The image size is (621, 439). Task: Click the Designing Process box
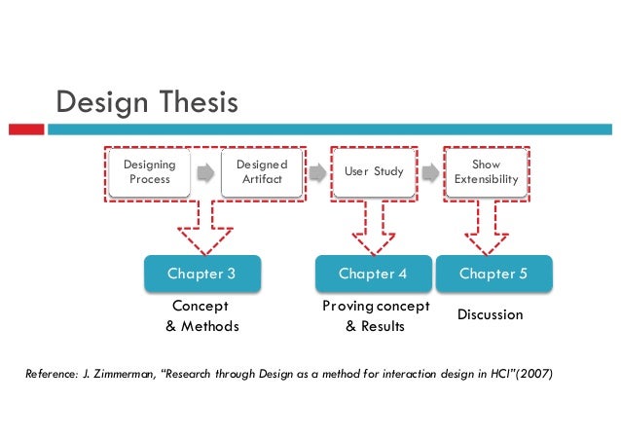(x=149, y=172)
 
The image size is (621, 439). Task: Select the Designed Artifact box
(x=261, y=172)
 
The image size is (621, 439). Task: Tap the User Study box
(x=374, y=172)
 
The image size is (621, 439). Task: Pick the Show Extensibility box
(x=486, y=172)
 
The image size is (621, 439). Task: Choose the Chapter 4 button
(x=373, y=274)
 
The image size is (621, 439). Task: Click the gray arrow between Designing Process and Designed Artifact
(x=205, y=173)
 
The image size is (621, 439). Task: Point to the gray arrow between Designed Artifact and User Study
(x=317, y=173)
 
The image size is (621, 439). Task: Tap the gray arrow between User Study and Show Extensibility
(x=429, y=173)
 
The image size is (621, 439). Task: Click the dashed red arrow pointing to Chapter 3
(x=204, y=227)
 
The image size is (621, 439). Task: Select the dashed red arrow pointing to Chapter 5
(x=486, y=227)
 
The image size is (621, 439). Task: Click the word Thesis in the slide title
(x=191, y=102)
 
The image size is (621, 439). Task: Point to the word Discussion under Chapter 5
(x=491, y=315)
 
